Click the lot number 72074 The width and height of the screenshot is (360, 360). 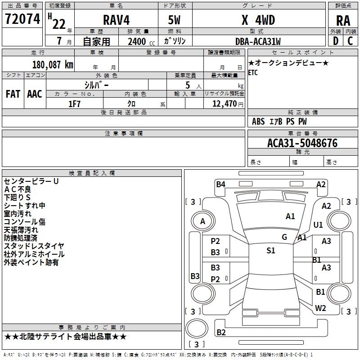point(22,19)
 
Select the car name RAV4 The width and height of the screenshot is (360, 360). point(116,20)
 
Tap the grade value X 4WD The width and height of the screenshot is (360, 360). point(258,20)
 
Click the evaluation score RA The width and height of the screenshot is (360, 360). point(343,21)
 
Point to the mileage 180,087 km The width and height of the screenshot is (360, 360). point(53,65)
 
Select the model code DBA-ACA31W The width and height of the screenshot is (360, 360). point(258,41)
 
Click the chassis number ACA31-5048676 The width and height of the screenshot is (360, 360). point(302,143)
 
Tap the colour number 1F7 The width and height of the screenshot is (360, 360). point(74,104)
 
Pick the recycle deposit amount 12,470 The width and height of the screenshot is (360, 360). point(224,104)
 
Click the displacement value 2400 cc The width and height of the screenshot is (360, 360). point(141,41)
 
